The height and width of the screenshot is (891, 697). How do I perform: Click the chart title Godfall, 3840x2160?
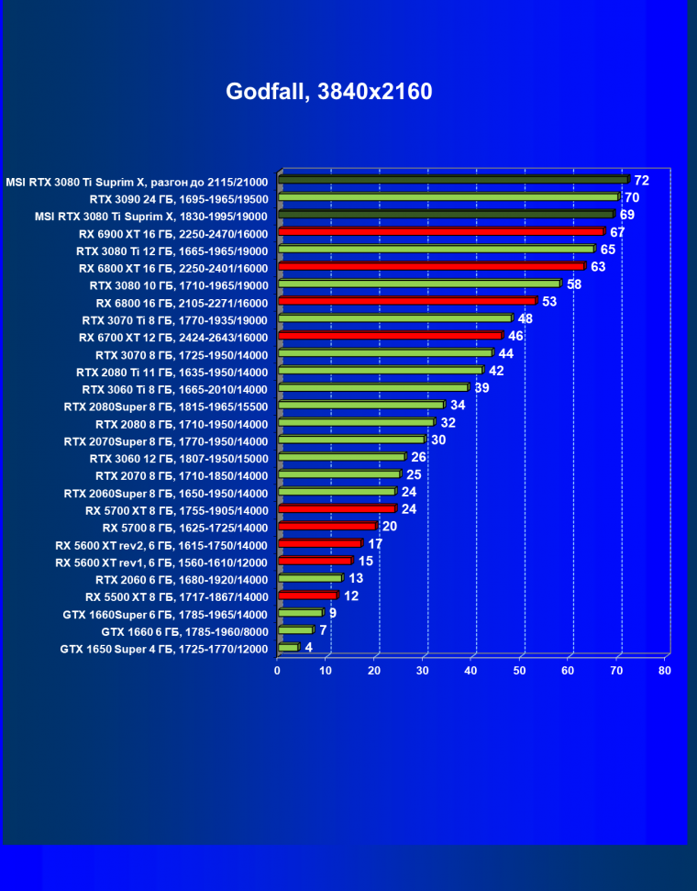[x=328, y=92]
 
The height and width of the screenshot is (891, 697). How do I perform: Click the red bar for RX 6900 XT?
[x=440, y=232]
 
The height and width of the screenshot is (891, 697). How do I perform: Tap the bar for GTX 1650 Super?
[x=288, y=648]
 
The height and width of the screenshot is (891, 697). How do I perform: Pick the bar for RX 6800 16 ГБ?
[x=406, y=301]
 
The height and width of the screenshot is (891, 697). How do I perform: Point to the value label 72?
[x=641, y=181]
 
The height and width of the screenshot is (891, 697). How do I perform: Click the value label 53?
[x=549, y=301]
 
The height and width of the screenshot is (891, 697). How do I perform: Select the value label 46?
[x=515, y=336]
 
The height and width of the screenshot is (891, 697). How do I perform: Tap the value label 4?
[x=308, y=647]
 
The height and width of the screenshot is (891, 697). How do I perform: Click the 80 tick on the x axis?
[x=665, y=671]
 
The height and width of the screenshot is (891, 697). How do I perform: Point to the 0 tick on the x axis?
[x=277, y=671]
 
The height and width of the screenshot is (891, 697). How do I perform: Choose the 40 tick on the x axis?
[x=470, y=671]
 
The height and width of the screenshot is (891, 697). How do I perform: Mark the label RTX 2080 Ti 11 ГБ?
[x=171, y=372]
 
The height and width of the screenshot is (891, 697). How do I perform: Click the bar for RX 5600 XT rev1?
[x=314, y=561]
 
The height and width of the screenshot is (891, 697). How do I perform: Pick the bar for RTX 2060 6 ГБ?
[x=309, y=578]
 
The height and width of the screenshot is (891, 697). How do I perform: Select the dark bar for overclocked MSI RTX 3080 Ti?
[x=452, y=180]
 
